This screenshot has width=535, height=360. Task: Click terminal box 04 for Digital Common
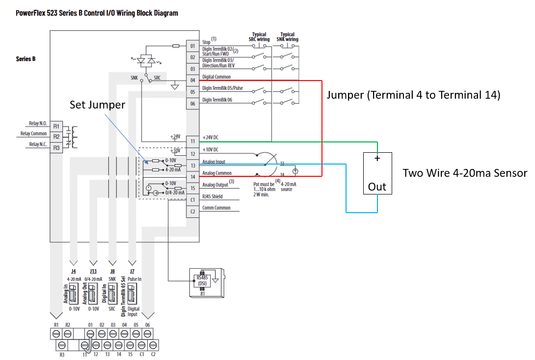[x=192, y=80]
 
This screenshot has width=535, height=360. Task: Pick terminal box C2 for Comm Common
[x=192, y=212]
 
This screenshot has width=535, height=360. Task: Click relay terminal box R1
[x=56, y=126]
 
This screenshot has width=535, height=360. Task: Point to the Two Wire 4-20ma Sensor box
[x=377, y=173]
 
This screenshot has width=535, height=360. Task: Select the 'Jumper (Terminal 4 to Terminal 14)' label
[x=413, y=95]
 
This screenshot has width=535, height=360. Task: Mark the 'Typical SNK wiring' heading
[x=287, y=37]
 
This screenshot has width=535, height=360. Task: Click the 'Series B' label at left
[x=26, y=59]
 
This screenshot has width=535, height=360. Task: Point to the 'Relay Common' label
[x=33, y=134]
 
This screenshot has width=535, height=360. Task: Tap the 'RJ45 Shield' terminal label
[x=212, y=196]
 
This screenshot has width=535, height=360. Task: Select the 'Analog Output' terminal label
[x=216, y=185]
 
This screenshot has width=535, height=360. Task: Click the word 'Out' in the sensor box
[x=377, y=187]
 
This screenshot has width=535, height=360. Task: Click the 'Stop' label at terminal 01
[x=206, y=43]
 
